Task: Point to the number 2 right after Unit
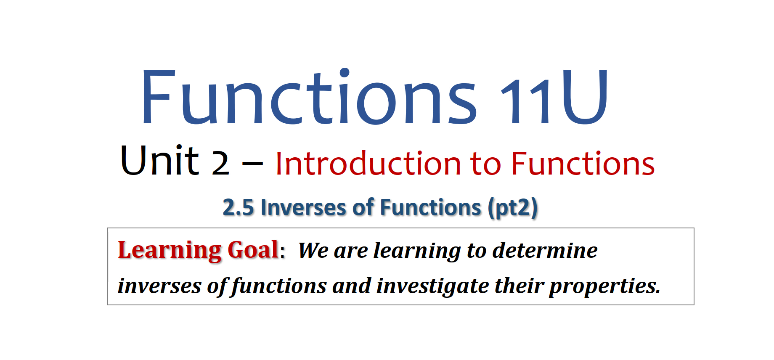[220, 163]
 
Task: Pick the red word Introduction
[368, 163]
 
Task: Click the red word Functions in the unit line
[583, 163]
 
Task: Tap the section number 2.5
[238, 207]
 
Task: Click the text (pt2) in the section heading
[513, 208]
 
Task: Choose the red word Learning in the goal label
[170, 250]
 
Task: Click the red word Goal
[253, 249]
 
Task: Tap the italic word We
[313, 250]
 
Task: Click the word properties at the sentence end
[605, 286]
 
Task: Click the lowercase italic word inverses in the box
[159, 286]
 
